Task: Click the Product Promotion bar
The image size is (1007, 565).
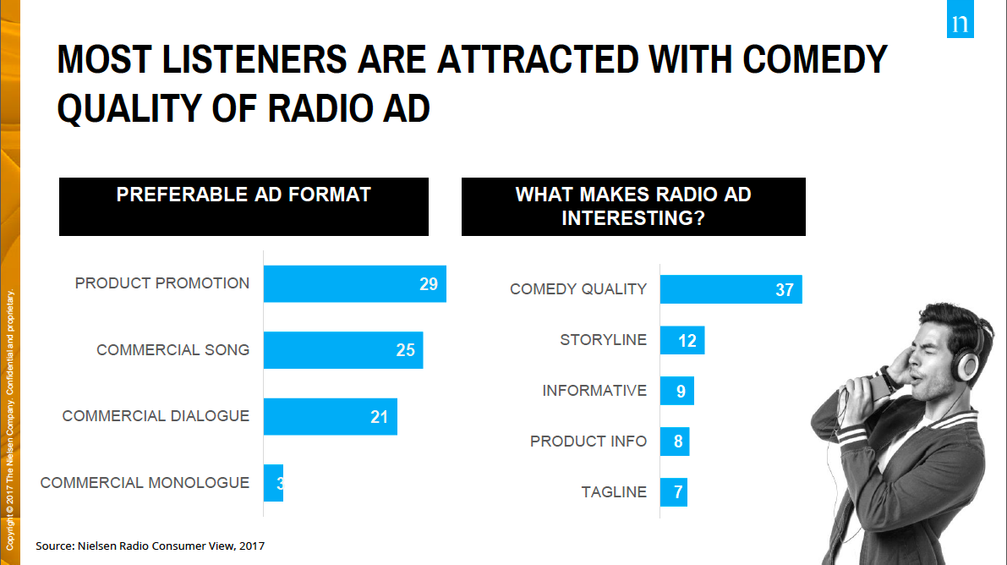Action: [354, 284]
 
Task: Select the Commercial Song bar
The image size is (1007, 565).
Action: [342, 350]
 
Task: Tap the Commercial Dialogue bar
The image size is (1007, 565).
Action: [330, 416]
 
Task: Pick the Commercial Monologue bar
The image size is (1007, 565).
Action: [273, 483]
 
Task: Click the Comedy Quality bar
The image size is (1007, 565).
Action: [731, 289]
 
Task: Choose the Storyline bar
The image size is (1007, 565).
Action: [681, 340]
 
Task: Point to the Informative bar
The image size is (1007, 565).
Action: [676, 391]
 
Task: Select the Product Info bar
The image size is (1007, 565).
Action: [674, 442]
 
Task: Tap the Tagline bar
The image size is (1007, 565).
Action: [673, 492]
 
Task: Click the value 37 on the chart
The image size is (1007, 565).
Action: [785, 290]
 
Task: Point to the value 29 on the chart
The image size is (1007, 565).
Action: [429, 284]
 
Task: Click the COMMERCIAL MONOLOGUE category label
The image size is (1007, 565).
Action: [145, 483]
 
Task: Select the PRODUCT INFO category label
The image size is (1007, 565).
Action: [588, 442]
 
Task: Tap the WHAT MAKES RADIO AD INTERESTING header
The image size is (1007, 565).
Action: [633, 206]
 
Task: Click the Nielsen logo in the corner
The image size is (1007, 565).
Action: [960, 23]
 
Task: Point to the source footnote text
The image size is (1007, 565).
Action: [156, 546]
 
